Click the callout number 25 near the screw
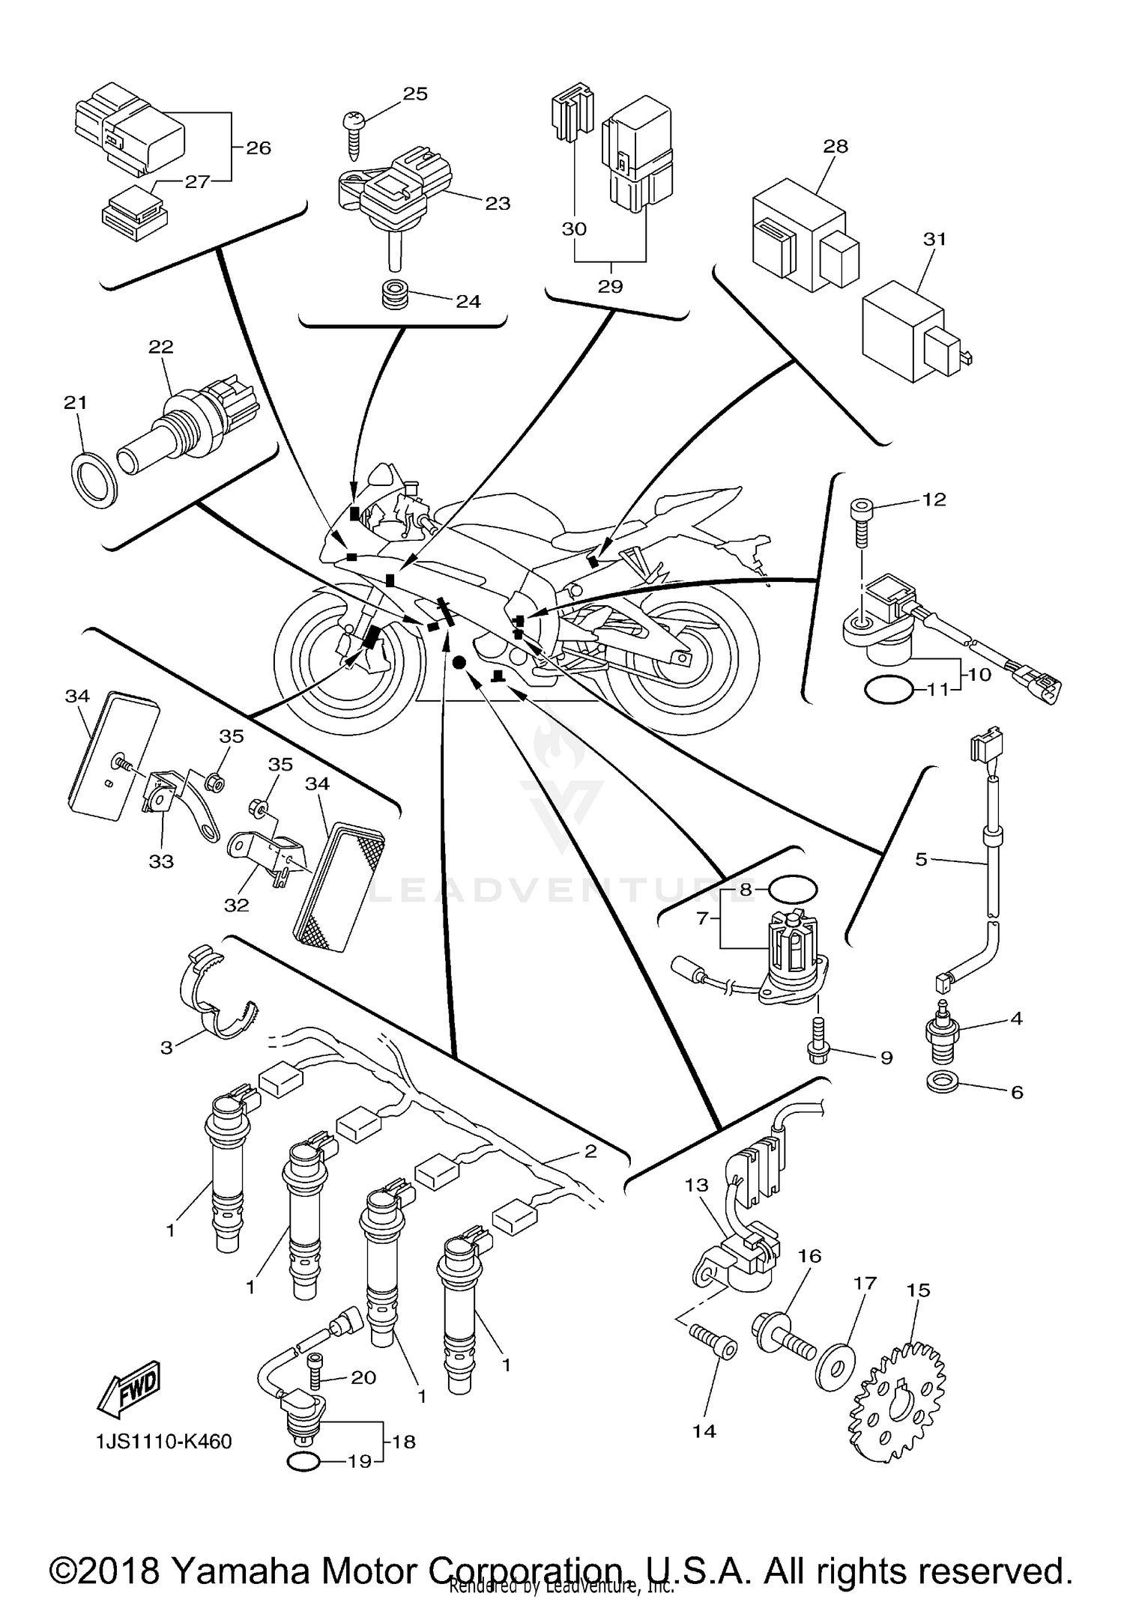tap(415, 94)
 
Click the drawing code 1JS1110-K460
tap(163, 1441)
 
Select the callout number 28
tap(836, 146)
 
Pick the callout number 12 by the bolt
tap(934, 499)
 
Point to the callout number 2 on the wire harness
tap(590, 1151)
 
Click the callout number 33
tap(160, 861)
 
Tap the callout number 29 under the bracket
tap(610, 286)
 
